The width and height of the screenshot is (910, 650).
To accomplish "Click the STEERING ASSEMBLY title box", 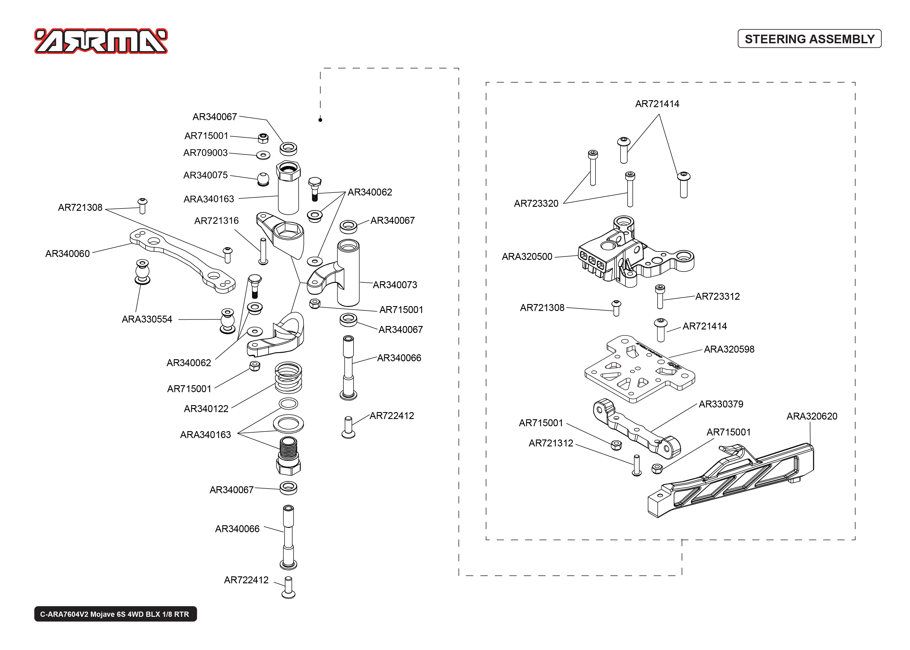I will click(809, 39).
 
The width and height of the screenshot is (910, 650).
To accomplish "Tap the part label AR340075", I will click(205, 175).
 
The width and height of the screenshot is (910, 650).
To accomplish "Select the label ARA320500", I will click(527, 256).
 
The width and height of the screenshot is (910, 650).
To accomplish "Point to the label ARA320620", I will click(812, 416).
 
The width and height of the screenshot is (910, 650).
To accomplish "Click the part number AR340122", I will click(206, 409).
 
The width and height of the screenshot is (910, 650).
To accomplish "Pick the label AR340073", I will click(395, 285).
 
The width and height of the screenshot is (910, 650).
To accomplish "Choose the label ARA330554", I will click(147, 319).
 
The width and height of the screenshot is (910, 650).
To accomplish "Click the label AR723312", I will click(717, 297).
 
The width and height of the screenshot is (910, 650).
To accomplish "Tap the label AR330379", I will click(721, 404).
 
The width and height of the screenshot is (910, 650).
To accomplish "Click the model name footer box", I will click(115, 614).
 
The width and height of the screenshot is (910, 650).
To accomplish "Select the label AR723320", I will click(536, 204).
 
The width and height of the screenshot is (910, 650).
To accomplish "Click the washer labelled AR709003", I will click(263, 155).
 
